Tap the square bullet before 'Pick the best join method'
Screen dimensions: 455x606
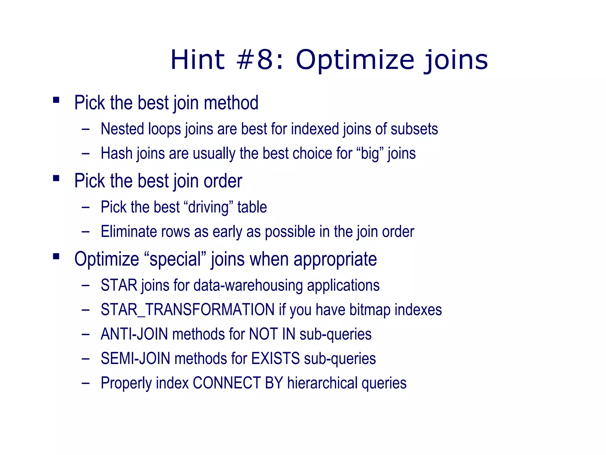pyautogui.click(x=56, y=100)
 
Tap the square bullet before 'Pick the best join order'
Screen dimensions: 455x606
pyautogui.click(x=56, y=178)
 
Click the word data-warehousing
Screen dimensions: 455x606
pyautogui.click(x=248, y=286)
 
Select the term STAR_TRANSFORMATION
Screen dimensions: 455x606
pyautogui.click(x=188, y=310)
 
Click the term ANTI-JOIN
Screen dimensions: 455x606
pyautogui.click(x=134, y=334)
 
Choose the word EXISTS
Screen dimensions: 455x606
pyautogui.click(x=275, y=358)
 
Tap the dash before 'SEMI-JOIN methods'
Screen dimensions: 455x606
pyautogui.click(x=86, y=359)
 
